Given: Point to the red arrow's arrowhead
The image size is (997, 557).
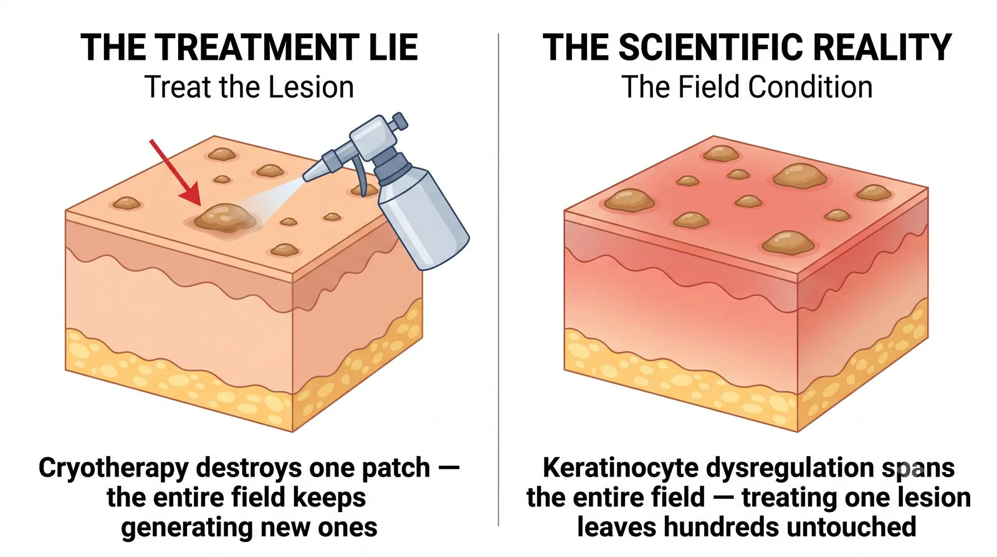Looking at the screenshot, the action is click(x=191, y=195).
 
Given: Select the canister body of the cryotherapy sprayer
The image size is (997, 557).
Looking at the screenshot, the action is click(x=423, y=218).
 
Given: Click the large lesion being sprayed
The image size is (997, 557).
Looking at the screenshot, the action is click(x=225, y=218).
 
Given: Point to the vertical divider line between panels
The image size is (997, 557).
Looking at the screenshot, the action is click(x=499, y=279).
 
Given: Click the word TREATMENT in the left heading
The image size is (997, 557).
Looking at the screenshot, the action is click(x=254, y=47).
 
